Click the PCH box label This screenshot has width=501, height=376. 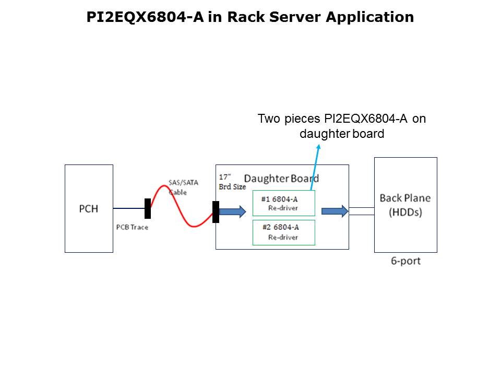tap(88, 209)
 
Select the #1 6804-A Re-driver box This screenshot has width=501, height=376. tap(283, 203)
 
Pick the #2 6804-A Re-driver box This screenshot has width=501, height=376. tap(283, 232)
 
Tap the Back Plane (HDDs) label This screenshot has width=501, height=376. tap(405, 205)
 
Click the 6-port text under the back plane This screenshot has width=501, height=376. tap(405, 261)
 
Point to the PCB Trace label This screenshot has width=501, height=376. tap(132, 228)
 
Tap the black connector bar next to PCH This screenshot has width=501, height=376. tap(148, 208)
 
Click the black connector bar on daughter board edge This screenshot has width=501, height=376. tap(216, 211)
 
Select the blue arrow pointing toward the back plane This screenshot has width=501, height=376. tap(335, 211)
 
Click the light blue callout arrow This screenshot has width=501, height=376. tap(315, 167)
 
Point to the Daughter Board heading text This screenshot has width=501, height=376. tap(281, 179)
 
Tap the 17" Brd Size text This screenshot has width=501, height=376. tap(232, 182)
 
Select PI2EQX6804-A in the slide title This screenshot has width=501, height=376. tap(146, 17)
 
